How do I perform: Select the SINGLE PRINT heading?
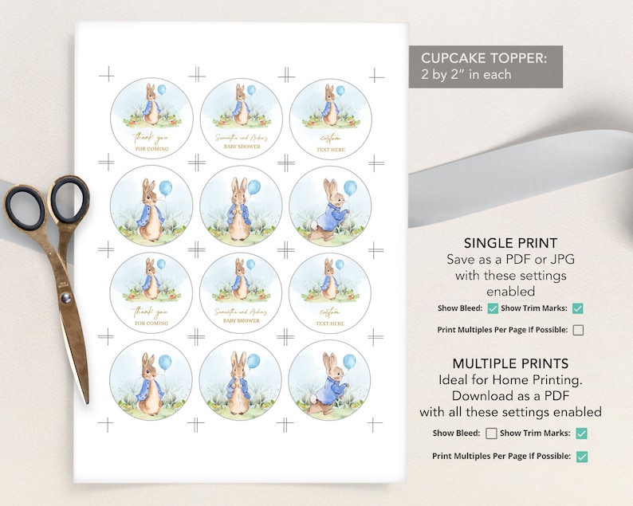coord(510,243)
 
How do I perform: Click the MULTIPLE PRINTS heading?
coord(510,363)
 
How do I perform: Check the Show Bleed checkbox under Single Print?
coord(493,308)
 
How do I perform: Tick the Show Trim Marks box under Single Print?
coord(578,308)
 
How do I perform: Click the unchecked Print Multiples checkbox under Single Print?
coord(578,329)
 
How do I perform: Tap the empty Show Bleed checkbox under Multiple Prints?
coord(491,433)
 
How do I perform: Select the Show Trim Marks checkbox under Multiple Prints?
coord(582,433)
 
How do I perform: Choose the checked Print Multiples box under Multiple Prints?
coord(582,457)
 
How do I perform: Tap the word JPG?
coord(552,259)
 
